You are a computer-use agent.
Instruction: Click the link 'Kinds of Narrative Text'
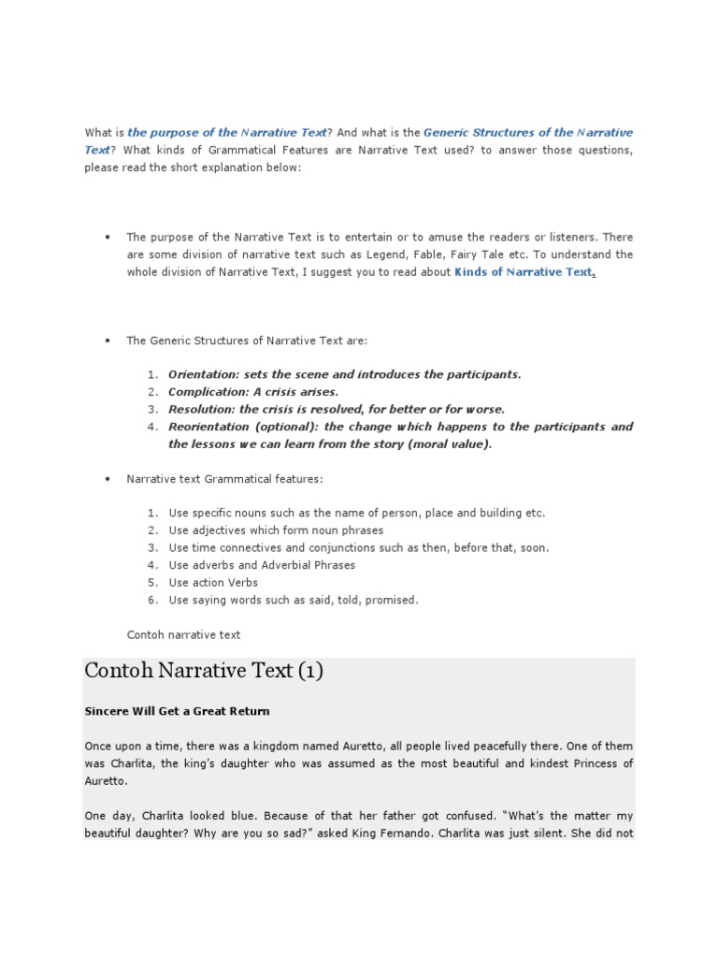(x=523, y=272)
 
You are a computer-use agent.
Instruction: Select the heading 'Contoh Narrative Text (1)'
(x=204, y=671)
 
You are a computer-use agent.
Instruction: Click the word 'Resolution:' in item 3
(x=202, y=410)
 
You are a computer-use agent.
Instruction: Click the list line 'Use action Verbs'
(x=213, y=583)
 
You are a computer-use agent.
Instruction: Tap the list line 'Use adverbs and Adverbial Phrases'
(x=262, y=565)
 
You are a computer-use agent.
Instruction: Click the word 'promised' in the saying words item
(x=393, y=601)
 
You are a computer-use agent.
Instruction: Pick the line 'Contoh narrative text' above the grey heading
(x=183, y=634)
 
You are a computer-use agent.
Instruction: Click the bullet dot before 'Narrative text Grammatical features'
(x=108, y=479)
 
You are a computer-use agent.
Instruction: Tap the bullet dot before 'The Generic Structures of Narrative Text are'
(x=108, y=341)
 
